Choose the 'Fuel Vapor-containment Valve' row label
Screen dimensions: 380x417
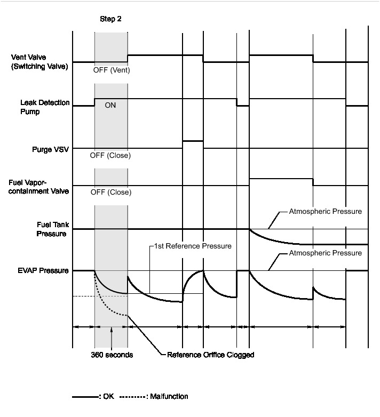pos(39,186)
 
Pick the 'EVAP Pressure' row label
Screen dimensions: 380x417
pos(46,270)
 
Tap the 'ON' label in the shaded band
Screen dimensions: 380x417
pos(110,106)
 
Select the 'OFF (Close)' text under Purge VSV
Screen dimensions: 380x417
pos(111,156)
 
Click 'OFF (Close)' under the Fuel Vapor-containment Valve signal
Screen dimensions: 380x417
pos(111,192)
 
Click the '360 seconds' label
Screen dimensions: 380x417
pos(111,355)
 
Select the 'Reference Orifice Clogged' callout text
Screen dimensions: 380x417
pos(210,355)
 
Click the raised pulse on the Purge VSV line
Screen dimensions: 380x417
pos(193,141)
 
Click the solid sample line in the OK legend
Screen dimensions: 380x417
pos(84,397)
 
